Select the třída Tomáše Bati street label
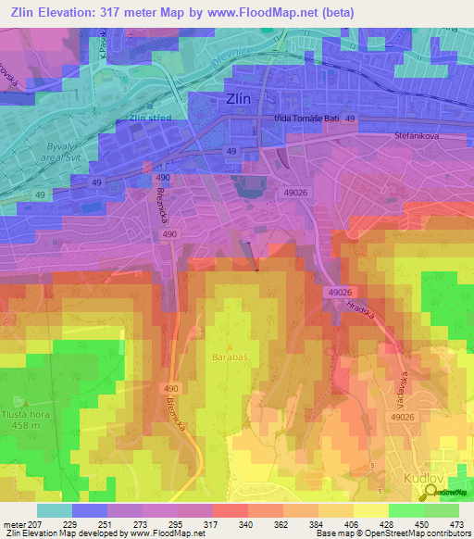coord(307,119)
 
